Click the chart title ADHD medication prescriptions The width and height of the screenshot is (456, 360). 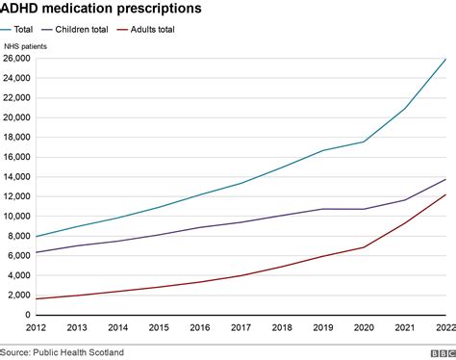101,9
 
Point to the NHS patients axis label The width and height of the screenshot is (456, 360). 25,46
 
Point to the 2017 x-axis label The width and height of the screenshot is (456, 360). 240,327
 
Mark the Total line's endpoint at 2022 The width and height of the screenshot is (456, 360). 443,60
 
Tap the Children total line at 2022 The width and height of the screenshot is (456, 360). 443,179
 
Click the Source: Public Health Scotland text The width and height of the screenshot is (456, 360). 62,352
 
